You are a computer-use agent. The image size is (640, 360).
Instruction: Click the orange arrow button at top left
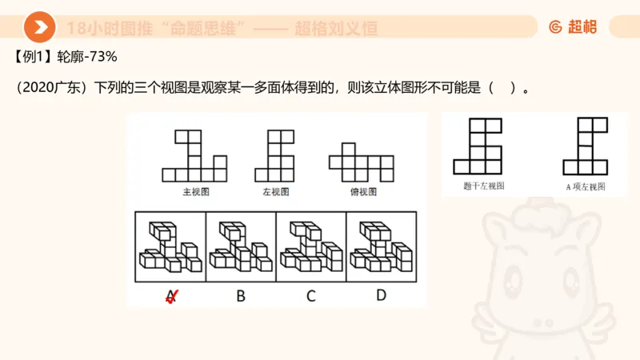[38, 27]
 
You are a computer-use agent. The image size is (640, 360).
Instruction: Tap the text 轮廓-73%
[88, 57]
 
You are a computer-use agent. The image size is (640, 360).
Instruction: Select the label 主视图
[195, 192]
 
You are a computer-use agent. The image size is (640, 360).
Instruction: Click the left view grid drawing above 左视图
[274, 156]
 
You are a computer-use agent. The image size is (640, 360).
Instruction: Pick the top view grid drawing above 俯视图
[362, 162]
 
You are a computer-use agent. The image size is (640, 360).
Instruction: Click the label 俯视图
[362, 192]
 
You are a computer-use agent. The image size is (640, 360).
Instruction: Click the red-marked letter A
[170, 296]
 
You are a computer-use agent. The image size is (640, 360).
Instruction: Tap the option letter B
[240, 296]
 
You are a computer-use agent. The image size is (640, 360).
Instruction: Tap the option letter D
[381, 295]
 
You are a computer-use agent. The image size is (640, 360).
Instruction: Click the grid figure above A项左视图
[585, 146]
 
